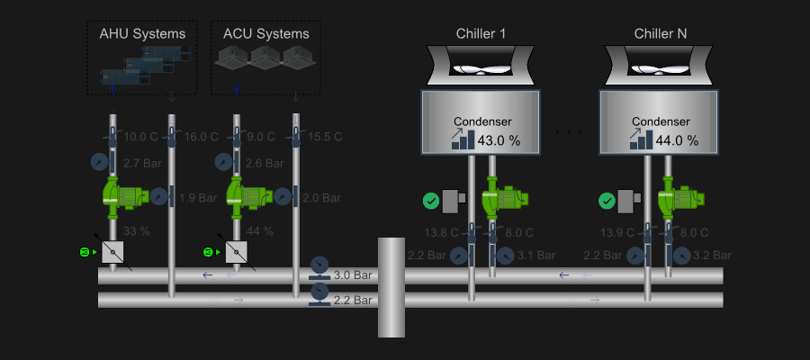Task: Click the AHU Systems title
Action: click(142, 34)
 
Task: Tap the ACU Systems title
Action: click(265, 34)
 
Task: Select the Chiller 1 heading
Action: click(481, 34)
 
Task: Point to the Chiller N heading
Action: click(661, 34)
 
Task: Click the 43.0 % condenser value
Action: click(499, 140)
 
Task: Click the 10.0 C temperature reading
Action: click(140, 137)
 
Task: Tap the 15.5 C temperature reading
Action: click(325, 137)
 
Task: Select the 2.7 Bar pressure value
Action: click(141, 163)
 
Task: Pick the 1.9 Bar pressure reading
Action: click(198, 197)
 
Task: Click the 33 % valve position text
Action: click(136, 231)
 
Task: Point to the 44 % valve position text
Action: click(260, 231)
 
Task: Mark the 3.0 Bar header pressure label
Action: click(353, 274)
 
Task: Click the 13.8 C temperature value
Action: click(441, 233)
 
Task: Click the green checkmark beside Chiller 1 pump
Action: click(431, 200)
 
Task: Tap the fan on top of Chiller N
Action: click(661, 66)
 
